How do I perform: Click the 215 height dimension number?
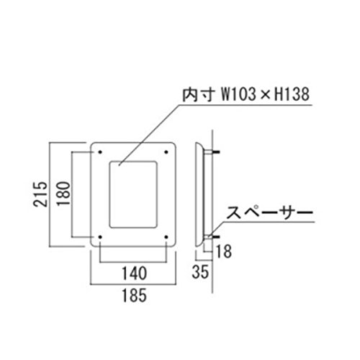(x=40, y=194)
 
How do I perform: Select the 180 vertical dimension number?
(x=63, y=194)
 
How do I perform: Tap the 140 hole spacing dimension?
(x=134, y=274)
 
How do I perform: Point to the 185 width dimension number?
(x=134, y=295)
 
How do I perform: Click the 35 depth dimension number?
(x=200, y=272)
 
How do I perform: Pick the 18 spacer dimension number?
(x=224, y=251)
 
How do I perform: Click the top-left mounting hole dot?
(x=100, y=152)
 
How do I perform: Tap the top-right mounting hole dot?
(x=166, y=152)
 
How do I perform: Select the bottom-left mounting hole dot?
(x=100, y=237)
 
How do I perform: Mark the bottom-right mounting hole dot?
(x=166, y=237)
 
